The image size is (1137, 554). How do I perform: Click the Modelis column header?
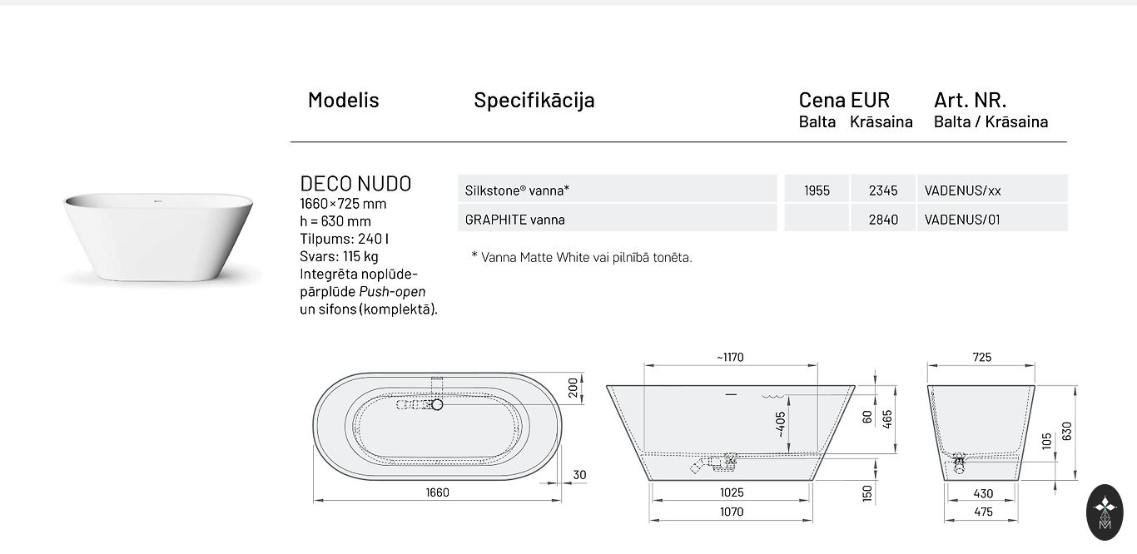click(343, 100)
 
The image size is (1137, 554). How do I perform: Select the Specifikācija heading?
click(534, 100)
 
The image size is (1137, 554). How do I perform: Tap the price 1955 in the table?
click(817, 190)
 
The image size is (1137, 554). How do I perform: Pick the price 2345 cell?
click(883, 190)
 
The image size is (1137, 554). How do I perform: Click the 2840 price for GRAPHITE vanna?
click(883, 220)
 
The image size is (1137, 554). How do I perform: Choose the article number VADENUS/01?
click(962, 220)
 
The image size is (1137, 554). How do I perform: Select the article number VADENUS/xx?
click(962, 190)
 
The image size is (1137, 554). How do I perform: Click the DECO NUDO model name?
click(355, 184)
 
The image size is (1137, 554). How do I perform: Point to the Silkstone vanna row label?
click(517, 190)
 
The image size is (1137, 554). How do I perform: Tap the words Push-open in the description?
click(392, 292)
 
